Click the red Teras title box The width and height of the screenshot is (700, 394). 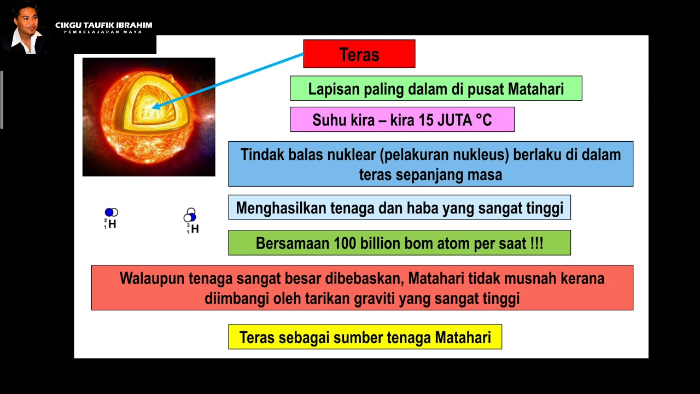click(359, 54)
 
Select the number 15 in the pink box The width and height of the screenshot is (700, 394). click(426, 120)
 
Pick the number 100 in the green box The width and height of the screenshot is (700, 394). click(345, 244)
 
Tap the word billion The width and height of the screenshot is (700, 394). click(383, 244)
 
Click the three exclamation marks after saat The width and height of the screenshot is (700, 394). click(536, 244)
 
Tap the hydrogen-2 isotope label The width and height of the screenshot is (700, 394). click(111, 224)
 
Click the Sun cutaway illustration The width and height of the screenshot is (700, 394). click(149, 117)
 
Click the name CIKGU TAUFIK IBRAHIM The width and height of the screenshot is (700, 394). click(104, 25)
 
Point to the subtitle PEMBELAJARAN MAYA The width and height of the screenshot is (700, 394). click(103, 32)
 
